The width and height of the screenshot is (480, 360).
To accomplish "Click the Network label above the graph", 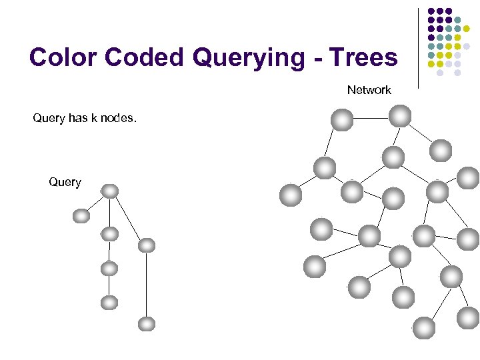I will [369, 90].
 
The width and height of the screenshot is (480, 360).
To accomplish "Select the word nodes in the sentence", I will [117, 119].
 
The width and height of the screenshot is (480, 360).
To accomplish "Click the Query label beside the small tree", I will [65, 182].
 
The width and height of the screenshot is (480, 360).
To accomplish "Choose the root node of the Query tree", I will [110, 191].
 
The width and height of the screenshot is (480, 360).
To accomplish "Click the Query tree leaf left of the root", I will [81, 216].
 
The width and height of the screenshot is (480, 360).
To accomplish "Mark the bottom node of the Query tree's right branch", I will [147, 324].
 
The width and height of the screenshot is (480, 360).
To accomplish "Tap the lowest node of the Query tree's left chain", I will [109, 303].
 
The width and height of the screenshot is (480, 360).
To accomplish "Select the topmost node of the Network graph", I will [400, 115].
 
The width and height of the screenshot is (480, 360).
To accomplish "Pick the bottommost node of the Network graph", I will [424, 327].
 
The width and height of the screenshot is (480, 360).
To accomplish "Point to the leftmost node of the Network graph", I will [291, 195].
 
